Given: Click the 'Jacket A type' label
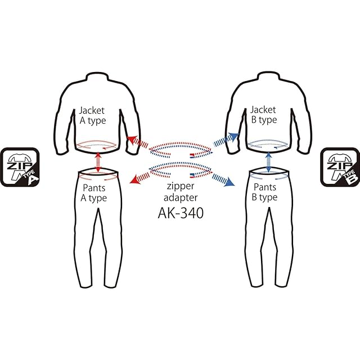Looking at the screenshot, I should point(92,115).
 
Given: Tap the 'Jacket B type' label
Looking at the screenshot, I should point(263,115).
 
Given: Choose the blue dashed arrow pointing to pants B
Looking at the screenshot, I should point(223,177).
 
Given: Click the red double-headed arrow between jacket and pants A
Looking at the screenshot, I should point(98,161).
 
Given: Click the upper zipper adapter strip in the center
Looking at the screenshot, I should point(179,149).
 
